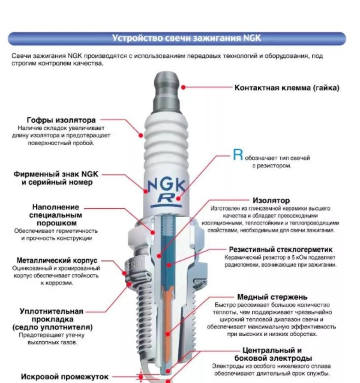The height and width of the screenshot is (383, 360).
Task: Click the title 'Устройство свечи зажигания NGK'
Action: (x=186, y=38)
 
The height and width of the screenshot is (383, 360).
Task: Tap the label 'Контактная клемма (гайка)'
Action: (x=287, y=87)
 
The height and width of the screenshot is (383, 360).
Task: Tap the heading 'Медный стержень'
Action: (x=272, y=296)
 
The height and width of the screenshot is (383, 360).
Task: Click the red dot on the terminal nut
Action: (x=183, y=87)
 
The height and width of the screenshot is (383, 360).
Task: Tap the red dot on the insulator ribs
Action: (x=141, y=135)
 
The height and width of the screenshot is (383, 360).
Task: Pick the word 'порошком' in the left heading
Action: (x=56, y=223)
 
